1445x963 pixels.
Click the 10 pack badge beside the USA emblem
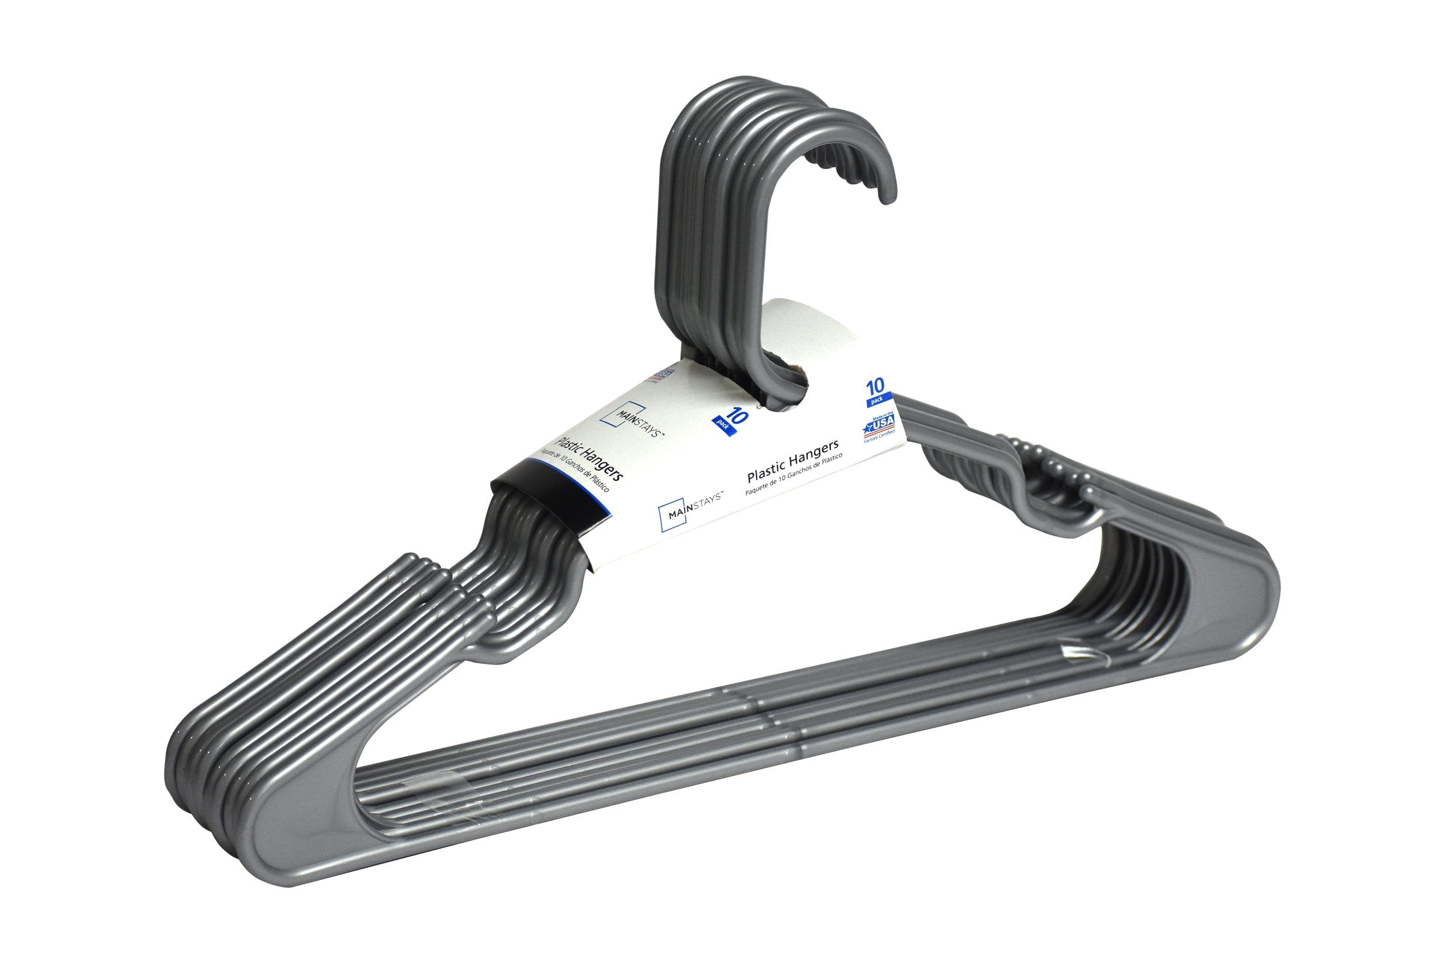(876, 392)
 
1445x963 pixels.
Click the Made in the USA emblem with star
(880, 424)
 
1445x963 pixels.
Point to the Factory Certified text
(880, 437)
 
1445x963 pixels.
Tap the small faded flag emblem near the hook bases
(663, 374)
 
